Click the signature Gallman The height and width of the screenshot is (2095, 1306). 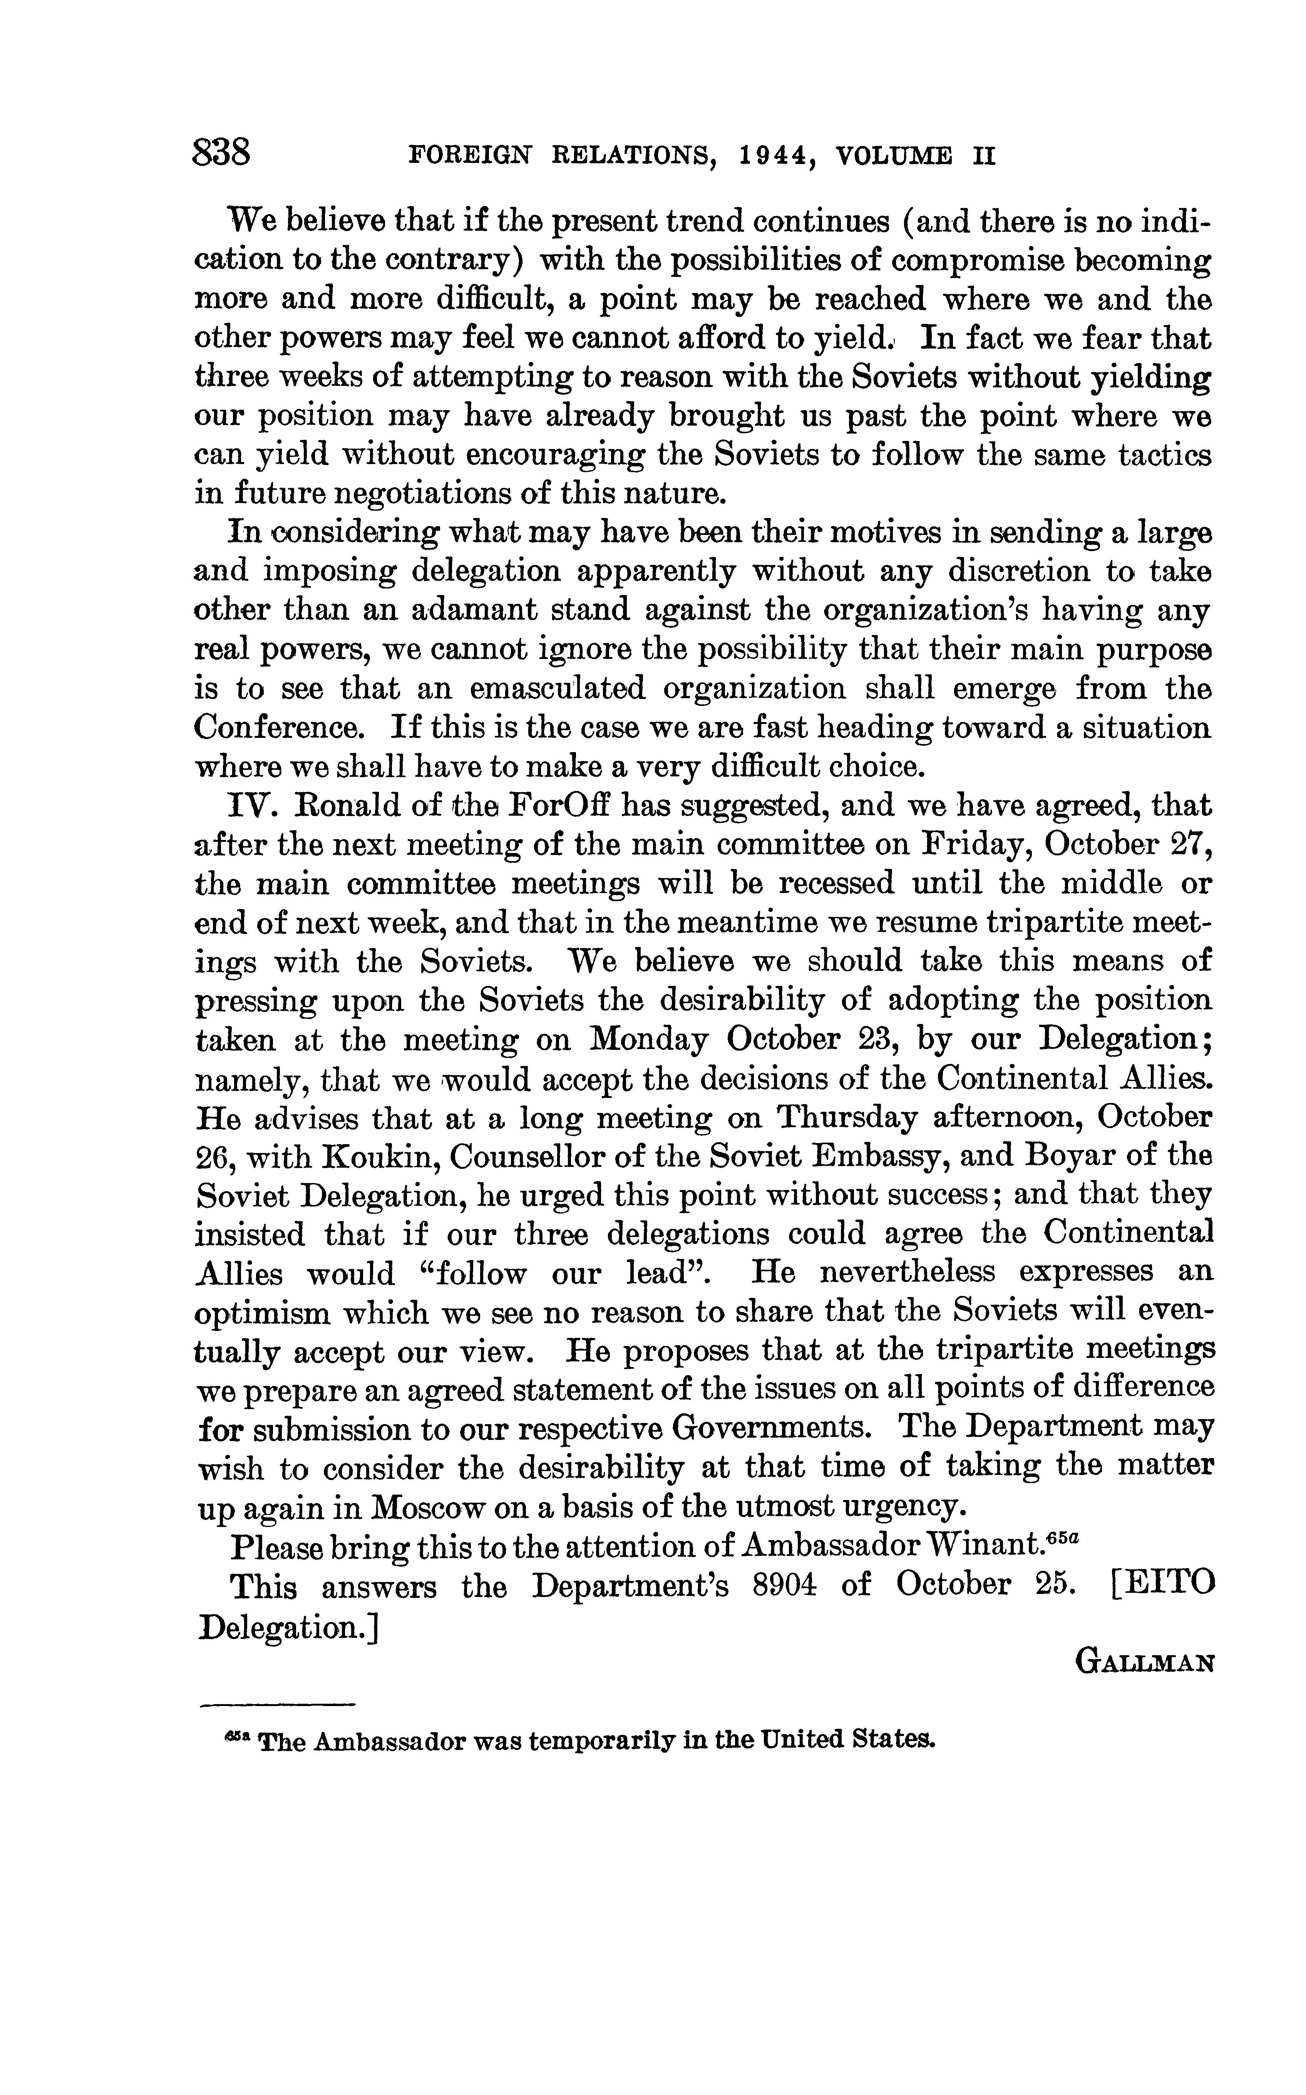point(1144,1662)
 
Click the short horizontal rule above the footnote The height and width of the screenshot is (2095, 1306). point(277,1704)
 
